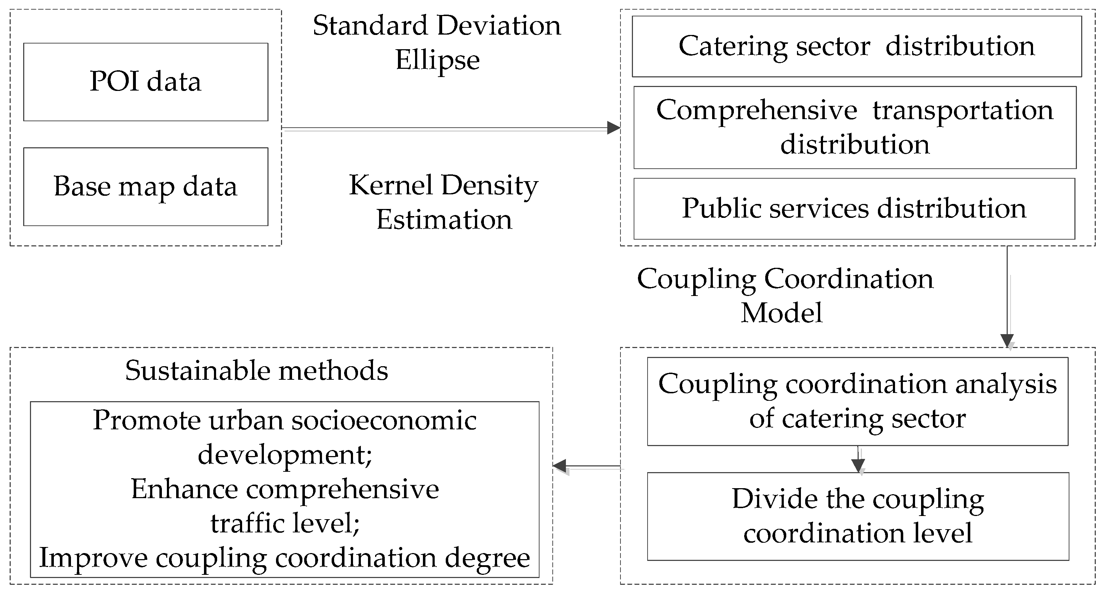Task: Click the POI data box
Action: click(x=146, y=82)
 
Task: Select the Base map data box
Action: click(x=146, y=187)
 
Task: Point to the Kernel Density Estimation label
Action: click(x=444, y=202)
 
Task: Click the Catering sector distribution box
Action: click(x=856, y=46)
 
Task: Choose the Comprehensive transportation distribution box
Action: click(x=855, y=127)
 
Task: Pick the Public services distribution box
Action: click(x=854, y=209)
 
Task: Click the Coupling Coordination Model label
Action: click(x=784, y=295)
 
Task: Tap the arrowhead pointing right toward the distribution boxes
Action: click(x=613, y=128)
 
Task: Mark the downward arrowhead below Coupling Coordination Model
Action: click(x=1007, y=341)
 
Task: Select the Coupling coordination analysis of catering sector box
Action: click(x=857, y=401)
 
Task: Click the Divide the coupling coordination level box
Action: click(x=858, y=516)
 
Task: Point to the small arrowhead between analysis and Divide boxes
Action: click(x=858, y=465)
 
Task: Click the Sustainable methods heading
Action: click(x=256, y=370)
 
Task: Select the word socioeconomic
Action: click(x=384, y=420)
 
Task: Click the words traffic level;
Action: click(x=285, y=523)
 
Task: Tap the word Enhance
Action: click(x=184, y=489)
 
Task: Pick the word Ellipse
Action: click(x=437, y=60)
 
